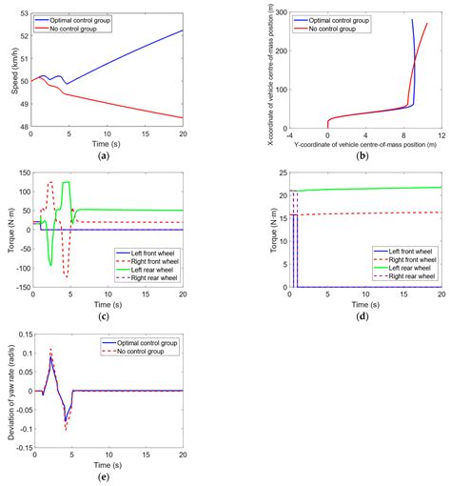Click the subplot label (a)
[x=108, y=154]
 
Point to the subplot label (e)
[x=108, y=477]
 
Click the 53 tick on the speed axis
[x=24, y=12]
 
